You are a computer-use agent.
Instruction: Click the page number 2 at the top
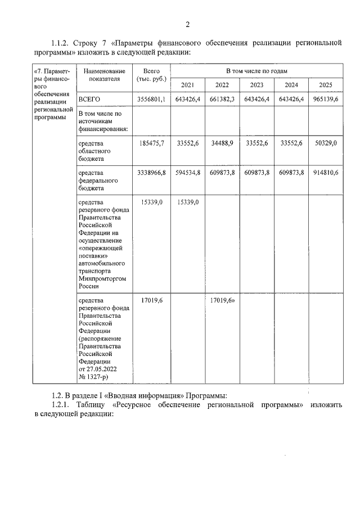pyautogui.click(x=187, y=24)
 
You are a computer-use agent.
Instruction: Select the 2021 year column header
pyautogui.click(x=187, y=85)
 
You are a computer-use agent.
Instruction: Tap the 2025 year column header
pyautogui.click(x=326, y=85)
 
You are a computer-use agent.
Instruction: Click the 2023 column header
pyautogui.click(x=256, y=85)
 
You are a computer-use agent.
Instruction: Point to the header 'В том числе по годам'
pyautogui.click(x=256, y=71)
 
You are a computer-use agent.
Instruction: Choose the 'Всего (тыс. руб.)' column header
pyautogui.click(x=151, y=75)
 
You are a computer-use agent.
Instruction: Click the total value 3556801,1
pyautogui.click(x=151, y=99)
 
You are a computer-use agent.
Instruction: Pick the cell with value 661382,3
pyautogui.click(x=222, y=99)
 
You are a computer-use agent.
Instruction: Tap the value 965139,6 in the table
pyautogui.click(x=326, y=99)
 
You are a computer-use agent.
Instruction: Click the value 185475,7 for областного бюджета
pyautogui.click(x=151, y=144)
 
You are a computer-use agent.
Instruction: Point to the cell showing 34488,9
pyautogui.click(x=222, y=144)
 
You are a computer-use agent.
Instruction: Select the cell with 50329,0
pyautogui.click(x=326, y=144)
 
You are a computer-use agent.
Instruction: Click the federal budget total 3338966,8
pyautogui.click(x=151, y=173)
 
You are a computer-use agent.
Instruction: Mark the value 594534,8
pyautogui.click(x=187, y=173)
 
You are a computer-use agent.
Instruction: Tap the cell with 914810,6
pyautogui.click(x=326, y=173)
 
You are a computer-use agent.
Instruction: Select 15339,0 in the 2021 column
pyautogui.click(x=187, y=201)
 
